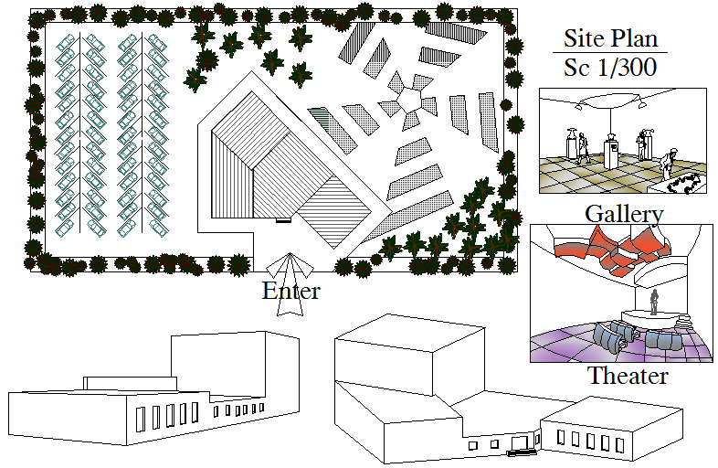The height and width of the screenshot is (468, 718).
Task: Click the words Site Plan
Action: coord(611,39)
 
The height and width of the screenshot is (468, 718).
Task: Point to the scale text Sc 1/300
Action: coord(611,68)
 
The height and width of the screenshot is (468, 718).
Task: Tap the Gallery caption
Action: coord(624,214)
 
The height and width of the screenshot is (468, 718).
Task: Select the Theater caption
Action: coord(627,376)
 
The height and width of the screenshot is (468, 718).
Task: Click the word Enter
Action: coord(290,292)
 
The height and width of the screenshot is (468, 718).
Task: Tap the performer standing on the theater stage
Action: coord(654,302)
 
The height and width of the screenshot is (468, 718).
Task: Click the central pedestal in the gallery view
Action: coord(611,152)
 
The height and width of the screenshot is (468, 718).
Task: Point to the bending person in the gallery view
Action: coord(669,161)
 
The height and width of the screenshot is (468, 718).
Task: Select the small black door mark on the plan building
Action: coord(283,220)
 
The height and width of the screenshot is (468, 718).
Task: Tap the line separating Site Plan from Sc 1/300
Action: coord(611,53)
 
